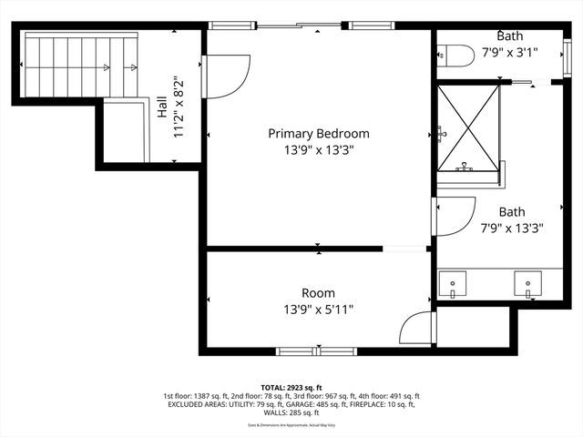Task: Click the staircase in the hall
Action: (80, 66)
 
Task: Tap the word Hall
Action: (161, 110)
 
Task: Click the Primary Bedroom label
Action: (318, 134)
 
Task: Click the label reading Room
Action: (318, 293)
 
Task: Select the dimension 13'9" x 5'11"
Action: (318, 310)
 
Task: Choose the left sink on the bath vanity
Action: (454, 284)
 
